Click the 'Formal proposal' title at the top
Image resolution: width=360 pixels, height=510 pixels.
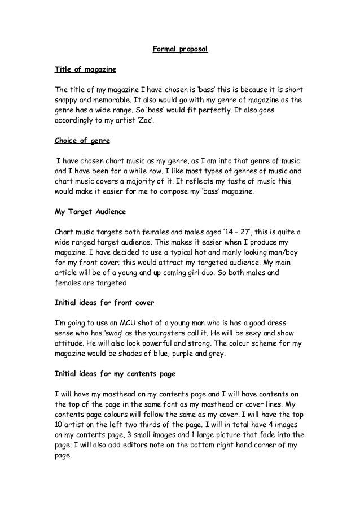tap(180, 49)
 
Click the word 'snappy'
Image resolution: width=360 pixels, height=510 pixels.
tap(67, 100)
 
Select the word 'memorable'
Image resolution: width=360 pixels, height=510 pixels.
tap(113, 100)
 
